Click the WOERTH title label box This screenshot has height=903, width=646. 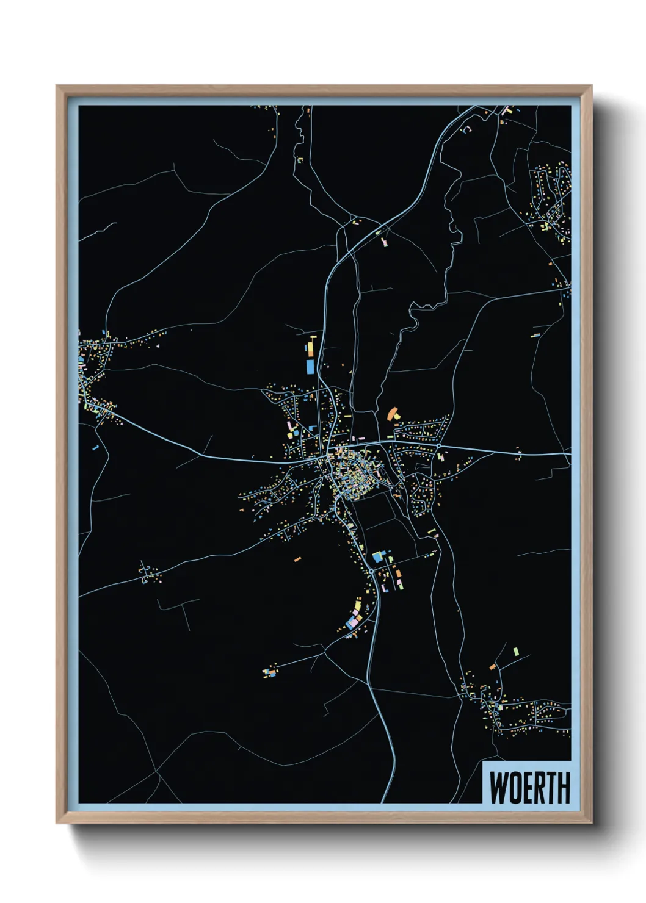(x=527, y=782)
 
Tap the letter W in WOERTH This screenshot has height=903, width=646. (x=498, y=788)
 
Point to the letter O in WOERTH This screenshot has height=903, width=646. (x=515, y=788)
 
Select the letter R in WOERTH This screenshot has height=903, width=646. (x=541, y=788)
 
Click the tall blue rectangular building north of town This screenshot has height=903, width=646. (x=310, y=366)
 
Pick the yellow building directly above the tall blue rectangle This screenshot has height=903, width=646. (x=310, y=348)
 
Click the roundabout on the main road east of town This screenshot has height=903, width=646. (x=438, y=447)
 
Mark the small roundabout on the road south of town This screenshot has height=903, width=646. (x=371, y=570)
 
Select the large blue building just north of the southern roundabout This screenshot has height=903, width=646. (x=378, y=556)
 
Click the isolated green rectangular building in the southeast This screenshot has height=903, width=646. (x=516, y=651)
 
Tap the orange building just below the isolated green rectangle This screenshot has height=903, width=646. (x=493, y=667)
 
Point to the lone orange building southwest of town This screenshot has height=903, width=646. (x=297, y=558)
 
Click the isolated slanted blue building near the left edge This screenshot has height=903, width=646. (x=95, y=447)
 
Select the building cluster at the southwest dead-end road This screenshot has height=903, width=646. (x=269, y=672)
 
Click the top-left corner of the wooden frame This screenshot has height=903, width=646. (x=57, y=87)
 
